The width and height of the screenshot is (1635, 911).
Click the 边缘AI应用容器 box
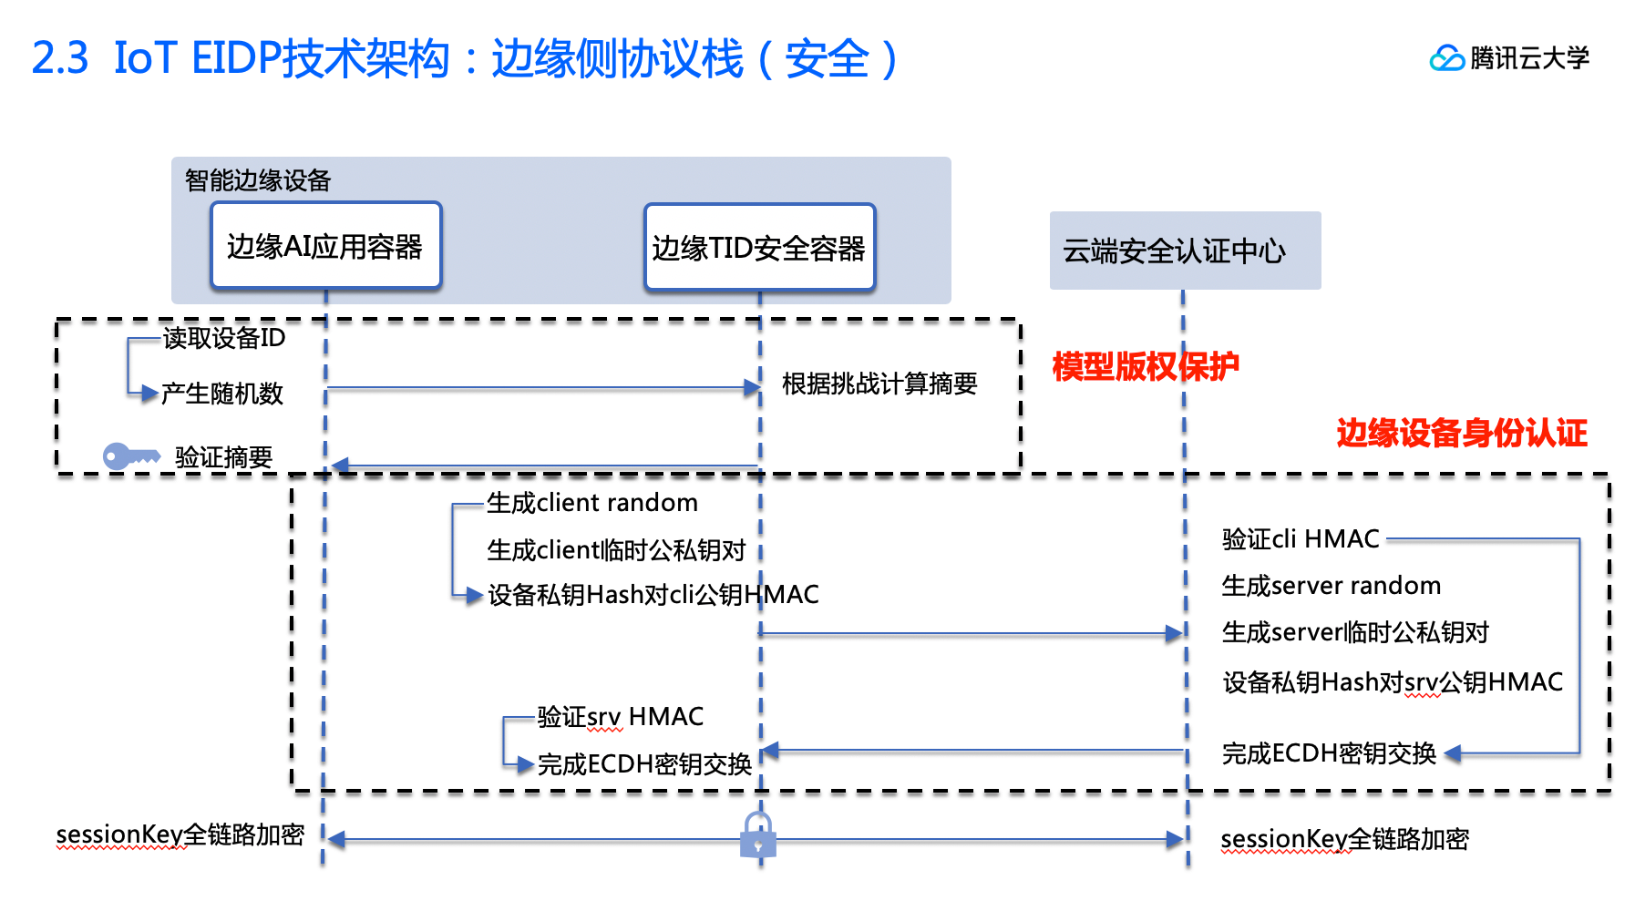[325, 246]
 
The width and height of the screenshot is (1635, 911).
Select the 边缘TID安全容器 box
[759, 248]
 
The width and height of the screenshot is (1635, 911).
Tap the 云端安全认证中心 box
[1184, 251]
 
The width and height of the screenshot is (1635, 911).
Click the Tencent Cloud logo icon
[1446, 58]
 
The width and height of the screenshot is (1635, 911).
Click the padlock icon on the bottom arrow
[757, 835]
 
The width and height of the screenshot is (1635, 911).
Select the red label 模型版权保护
[1145, 366]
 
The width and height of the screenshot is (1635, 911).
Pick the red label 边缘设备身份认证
[1461, 433]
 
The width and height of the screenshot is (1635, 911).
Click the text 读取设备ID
[224, 338]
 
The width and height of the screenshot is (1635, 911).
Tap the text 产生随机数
[222, 394]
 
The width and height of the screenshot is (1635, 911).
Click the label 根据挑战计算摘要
[879, 384]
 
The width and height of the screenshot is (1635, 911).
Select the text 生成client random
[591, 503]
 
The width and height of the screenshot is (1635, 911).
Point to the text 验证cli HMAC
[1300, 539]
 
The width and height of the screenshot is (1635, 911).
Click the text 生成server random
[1331, 586]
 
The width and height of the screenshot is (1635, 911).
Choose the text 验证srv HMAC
[620, 717]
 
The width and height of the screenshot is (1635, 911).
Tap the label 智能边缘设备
[258, 180]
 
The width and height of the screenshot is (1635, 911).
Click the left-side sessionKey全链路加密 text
[180, 834]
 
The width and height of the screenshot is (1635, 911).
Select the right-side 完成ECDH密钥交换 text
[1329, 753]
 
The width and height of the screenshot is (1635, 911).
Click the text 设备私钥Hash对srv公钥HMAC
[1392, 682]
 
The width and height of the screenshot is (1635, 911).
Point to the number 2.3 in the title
[60, 58]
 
